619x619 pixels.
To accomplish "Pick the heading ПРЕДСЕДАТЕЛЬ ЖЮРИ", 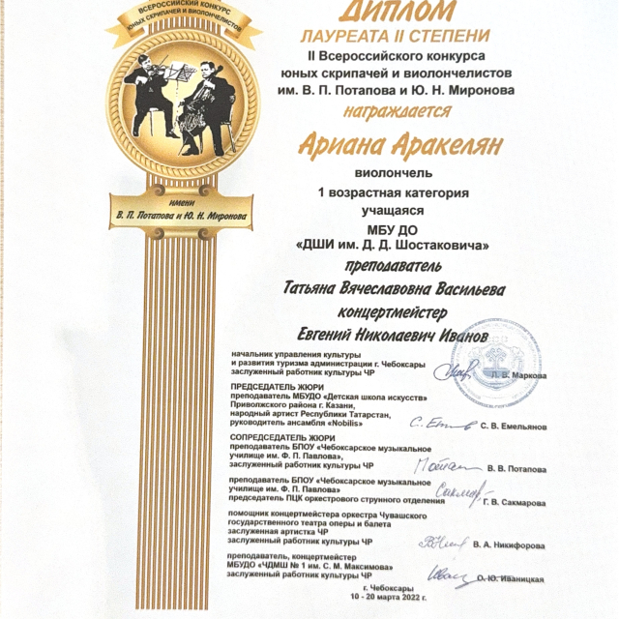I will [272, 385].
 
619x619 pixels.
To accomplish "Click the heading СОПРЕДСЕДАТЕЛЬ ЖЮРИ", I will [278, 436].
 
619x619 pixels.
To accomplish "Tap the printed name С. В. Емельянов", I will [520, 426].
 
